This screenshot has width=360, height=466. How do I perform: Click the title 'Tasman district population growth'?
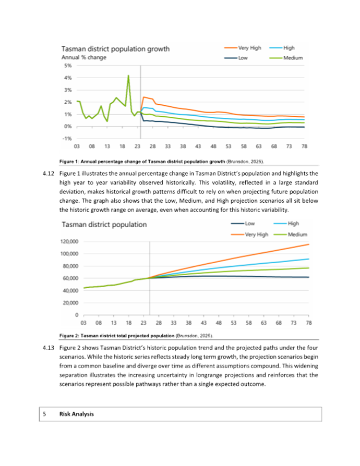[x=115, y=49]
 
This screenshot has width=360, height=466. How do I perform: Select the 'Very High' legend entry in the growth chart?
[x=249, y=48]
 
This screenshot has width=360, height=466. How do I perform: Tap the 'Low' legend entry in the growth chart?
[x=243, y=58]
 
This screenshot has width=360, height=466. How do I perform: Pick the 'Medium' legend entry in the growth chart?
[x=293, y=58]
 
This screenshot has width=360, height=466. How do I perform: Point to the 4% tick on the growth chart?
[x=68, y=78]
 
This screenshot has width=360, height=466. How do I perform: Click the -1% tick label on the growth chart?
[x=68, y=139]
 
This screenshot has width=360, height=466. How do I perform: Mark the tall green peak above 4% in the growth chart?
[x=128, y=76]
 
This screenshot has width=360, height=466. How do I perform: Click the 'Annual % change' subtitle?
[x=84, y=57]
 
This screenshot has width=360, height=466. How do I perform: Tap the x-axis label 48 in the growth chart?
[x=214, y=146]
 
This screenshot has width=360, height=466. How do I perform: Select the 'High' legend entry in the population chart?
[x=293, y=224]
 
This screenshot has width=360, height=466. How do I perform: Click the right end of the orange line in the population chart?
[x=309, y=244]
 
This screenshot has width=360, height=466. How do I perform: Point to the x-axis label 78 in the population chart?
[x=309, y=323]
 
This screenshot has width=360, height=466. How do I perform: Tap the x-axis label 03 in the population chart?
[x=84, y=323]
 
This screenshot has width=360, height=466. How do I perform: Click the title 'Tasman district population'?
[x=104, y=225]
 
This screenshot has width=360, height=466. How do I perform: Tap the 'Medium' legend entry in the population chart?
[x=297, y=235]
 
